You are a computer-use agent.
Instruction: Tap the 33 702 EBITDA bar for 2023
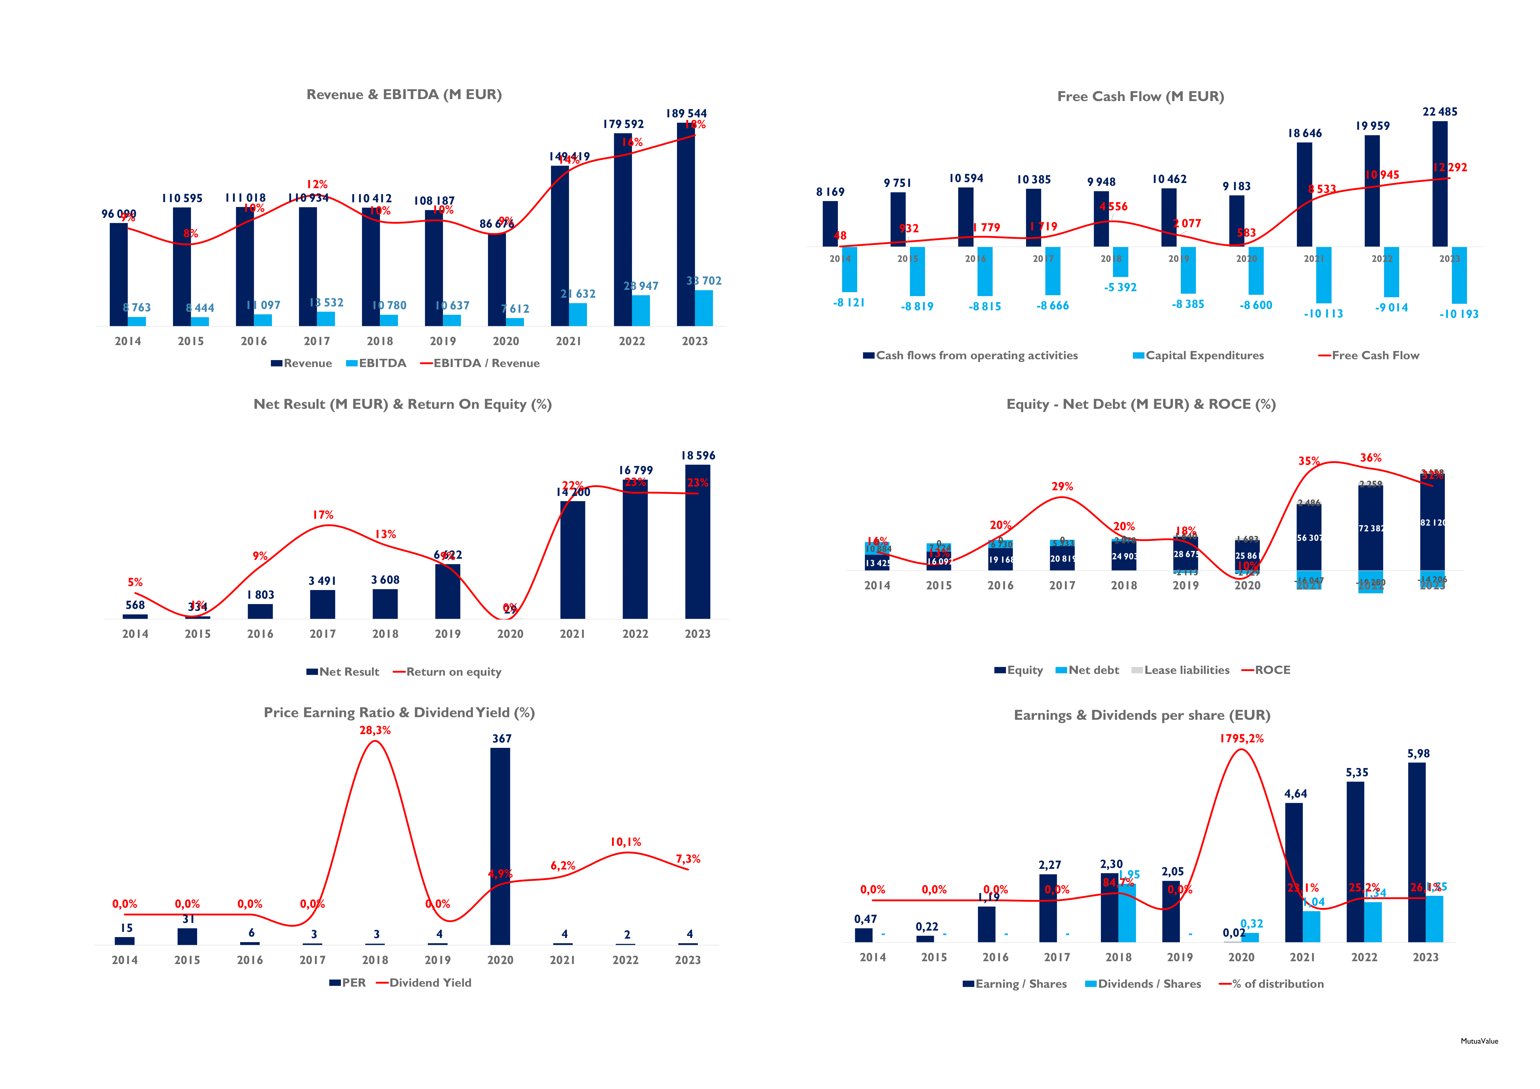coord(703,308)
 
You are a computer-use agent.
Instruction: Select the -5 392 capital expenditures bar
coord(1120,262)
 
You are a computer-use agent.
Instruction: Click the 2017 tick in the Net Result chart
coord(323,634)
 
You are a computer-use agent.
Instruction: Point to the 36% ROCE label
coord(1370,458)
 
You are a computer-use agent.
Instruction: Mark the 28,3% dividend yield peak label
coord(375,730)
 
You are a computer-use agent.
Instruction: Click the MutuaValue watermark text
coord(1479,1041)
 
